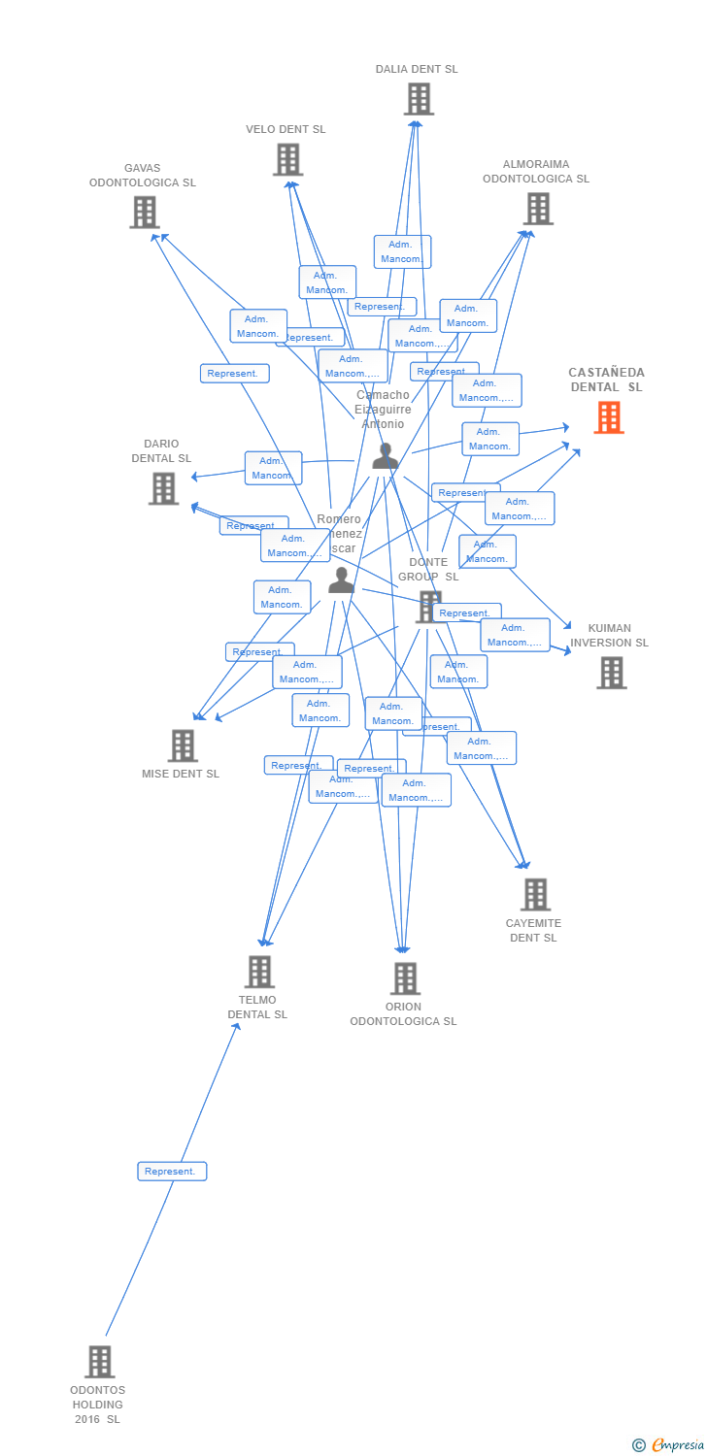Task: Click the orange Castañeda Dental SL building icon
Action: pos(609,417)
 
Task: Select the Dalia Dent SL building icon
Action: pos(419,99)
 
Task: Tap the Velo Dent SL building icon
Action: pos(287,159)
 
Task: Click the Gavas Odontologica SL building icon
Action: pos(144,212)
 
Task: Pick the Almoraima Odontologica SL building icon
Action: pos(537,208)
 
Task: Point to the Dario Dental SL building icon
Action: pos(163,488)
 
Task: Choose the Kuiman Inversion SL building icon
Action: pos(611,673)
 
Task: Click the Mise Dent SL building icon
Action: pos(182,745)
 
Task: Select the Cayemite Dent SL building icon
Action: pos(535,894)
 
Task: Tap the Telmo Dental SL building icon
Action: pos(259,971)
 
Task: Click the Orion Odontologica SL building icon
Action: pos(405,977)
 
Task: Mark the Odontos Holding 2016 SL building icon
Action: pos(99,1361)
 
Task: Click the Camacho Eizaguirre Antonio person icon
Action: pos(386,455)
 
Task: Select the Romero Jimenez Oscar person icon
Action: pos(341,579)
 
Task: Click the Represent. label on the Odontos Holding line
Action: pos(172,1172)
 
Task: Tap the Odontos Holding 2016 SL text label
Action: pos(98,1405)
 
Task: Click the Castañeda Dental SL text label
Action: pos(606,380)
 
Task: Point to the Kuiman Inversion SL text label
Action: pos(609,636)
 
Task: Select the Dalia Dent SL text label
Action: pos(417,69)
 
